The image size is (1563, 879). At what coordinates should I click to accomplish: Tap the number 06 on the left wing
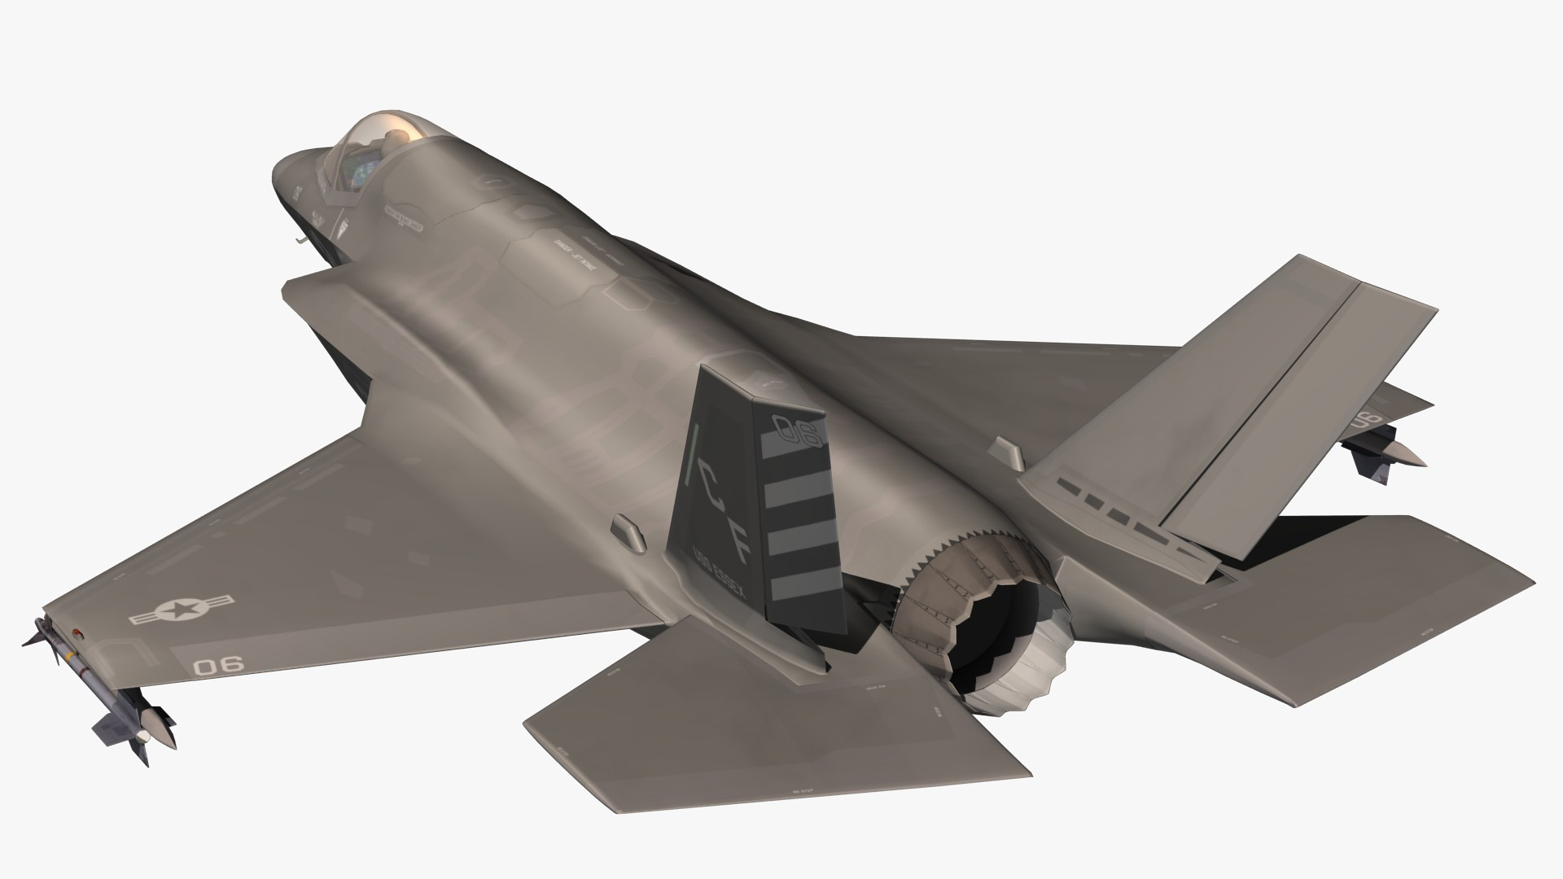click(218, 665)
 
